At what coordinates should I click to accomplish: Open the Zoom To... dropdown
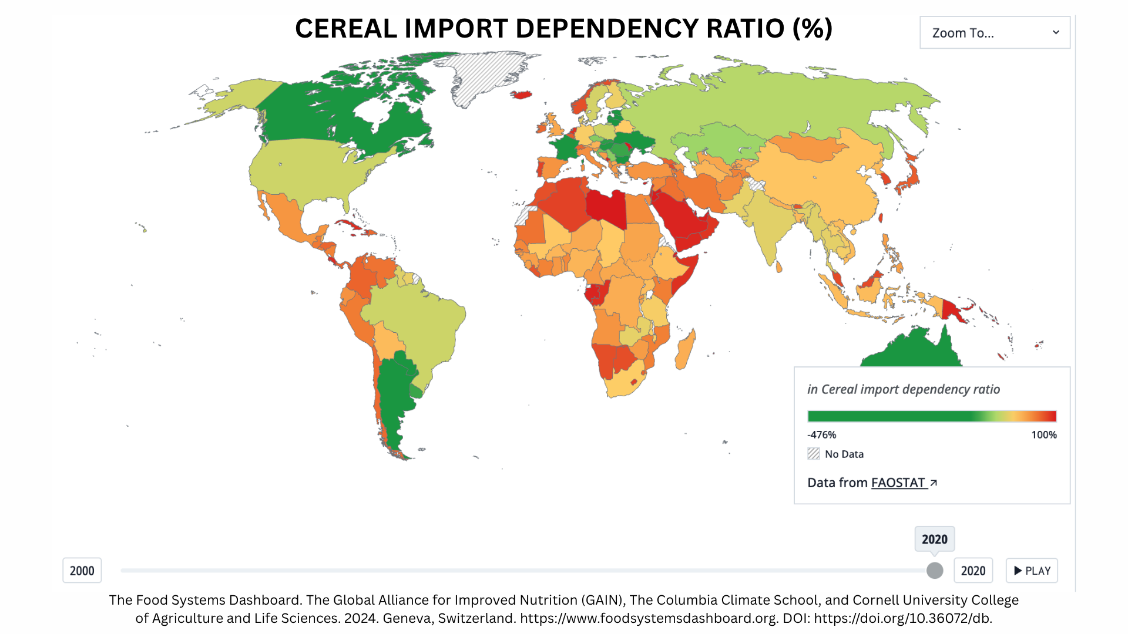995,33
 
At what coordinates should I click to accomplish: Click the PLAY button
1032,571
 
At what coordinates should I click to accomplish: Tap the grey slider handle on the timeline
935,571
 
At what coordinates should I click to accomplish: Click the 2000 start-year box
82,571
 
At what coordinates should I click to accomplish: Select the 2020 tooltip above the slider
934,539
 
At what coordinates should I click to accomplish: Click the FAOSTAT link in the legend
898,483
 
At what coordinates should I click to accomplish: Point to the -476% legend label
821,435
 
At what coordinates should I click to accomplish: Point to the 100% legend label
1044,435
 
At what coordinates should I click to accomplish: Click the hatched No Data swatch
814,454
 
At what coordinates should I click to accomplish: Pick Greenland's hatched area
482,76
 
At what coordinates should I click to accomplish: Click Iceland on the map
521,95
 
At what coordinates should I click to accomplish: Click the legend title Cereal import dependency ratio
903,389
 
